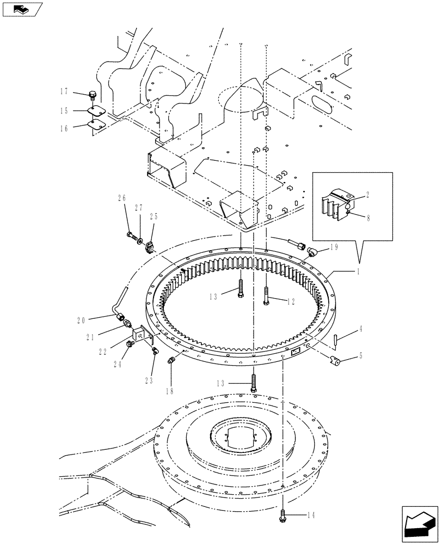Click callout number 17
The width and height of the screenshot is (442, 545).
pyautogui.click(x=79, y=92)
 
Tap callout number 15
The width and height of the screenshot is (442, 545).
pyautogui.click(x=79, y=111)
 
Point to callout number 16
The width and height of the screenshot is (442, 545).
pyautogui.click(x=79, y=129)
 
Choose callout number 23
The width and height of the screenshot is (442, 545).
pyautogui.click(x=149, y=379)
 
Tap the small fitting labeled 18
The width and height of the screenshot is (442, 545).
pyautogui.click(x=171, y=360)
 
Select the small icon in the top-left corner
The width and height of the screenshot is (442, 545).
pyautogui.click(x=21, y=9)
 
